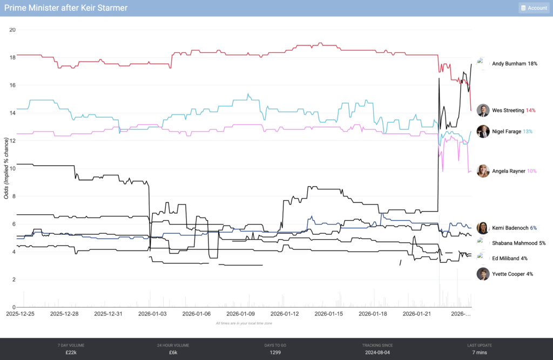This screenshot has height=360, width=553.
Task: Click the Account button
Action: coord(534,8)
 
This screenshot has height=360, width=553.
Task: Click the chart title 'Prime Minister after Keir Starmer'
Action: coord(65,8)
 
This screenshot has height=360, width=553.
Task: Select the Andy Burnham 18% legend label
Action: coord(515,64)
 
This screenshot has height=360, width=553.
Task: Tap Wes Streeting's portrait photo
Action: coord(483,110)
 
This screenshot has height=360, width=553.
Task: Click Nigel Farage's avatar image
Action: coord(483,131)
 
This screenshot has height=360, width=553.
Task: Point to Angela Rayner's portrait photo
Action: coord(483,171)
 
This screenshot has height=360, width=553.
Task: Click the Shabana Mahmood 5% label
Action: coord(519,243)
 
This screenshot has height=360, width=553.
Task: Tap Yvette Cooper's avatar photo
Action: coord(483,274)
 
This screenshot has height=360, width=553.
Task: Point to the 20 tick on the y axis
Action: coord(12,30)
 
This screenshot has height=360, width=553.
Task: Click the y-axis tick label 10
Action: coord(12,168)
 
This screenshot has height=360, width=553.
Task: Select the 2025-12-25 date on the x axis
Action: coord(21,314)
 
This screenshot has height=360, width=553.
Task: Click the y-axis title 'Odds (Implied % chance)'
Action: coord(6,168)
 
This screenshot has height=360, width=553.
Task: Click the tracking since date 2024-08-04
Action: coord(377,352)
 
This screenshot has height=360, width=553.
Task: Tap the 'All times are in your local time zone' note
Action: coord(244,323)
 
